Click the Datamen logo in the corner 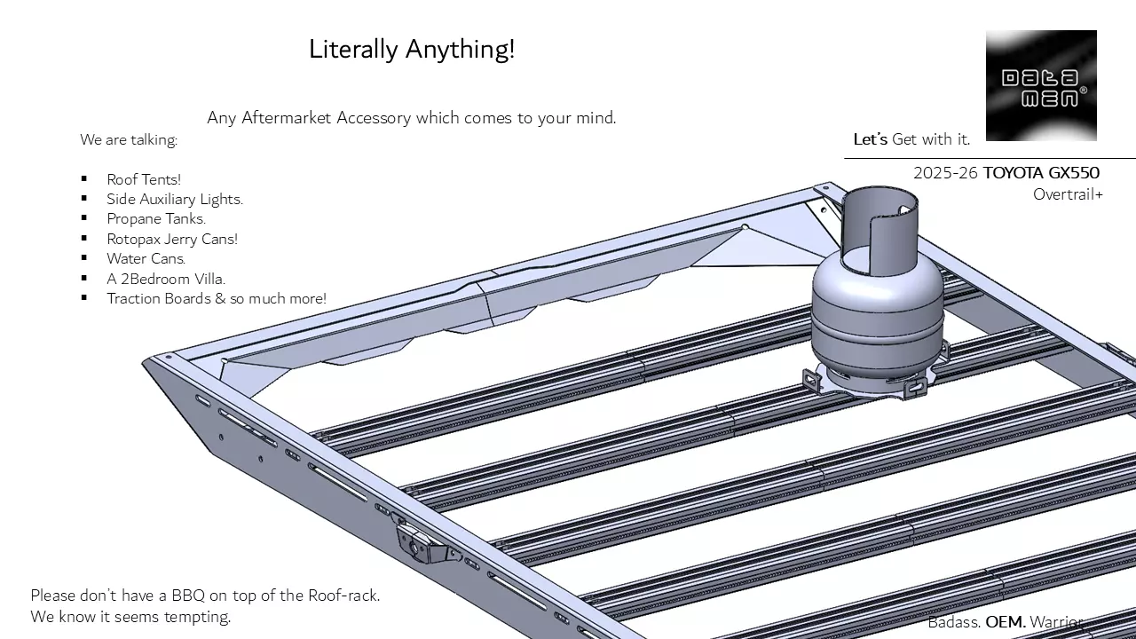tap(1041, 85)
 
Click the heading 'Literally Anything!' tap(412, 49)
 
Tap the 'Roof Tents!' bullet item tap(144, 179)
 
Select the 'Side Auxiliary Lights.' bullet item tap(175, 199)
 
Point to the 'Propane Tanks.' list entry tap(156, 218)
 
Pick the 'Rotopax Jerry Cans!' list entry tap(172, 239)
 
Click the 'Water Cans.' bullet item tap(146, 258)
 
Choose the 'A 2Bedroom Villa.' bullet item tap(166, 279)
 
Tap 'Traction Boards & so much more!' tap(217, 298)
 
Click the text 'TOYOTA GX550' tap(1041, 173)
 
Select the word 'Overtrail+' tap(1068, 194)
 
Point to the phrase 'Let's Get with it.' tap(911, 139)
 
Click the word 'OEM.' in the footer tap(1006, 622)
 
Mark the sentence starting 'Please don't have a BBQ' tap(205, 596)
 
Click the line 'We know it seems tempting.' tap(130, 617)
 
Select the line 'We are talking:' tap(129, 139)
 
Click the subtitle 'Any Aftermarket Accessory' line tap(412, 117)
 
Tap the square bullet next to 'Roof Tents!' tap(84, 179)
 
